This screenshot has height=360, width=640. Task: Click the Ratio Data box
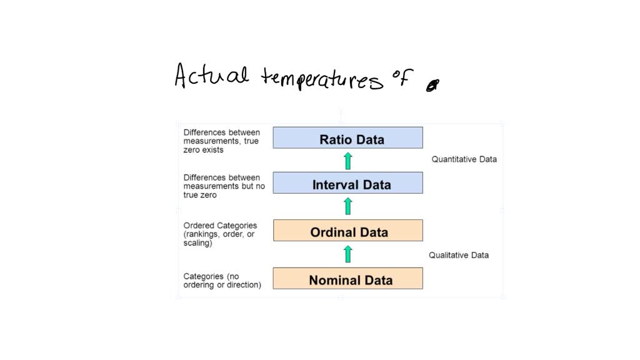tap(347, 137)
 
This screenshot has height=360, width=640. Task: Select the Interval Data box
tap(347, 183)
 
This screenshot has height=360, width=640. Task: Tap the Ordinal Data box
tap(347, 231)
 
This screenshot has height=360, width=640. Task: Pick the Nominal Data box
tap(347, 279)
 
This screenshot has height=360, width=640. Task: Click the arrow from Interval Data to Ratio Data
tap(348, 161)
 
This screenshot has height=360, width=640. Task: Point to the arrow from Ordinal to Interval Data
tap(348, 206)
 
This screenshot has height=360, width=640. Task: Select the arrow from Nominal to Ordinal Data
tap(348, 254)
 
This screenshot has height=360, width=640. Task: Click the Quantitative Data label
tap(464, 159)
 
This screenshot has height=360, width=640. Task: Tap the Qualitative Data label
tap(459, 255)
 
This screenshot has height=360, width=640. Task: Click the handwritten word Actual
tap(211, 77)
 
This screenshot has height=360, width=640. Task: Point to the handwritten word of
tap(403, 79)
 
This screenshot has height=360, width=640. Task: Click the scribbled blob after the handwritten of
tap(431, 87)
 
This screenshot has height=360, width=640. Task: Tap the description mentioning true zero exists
tap(221, 141)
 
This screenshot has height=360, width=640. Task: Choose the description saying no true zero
tap(224, 186)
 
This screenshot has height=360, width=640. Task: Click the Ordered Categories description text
tap(220, 234)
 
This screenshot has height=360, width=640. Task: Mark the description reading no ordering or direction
tap(222, 281)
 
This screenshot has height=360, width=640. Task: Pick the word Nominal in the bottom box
tap(334, 280)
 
